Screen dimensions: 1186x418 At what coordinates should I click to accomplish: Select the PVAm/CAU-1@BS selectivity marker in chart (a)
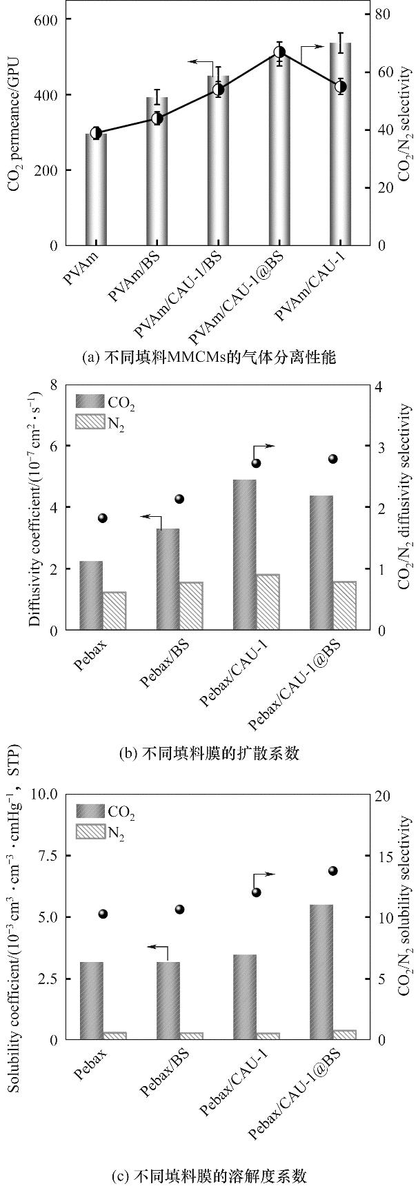(279, 52)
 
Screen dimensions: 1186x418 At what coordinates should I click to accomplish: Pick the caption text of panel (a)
(208, 358)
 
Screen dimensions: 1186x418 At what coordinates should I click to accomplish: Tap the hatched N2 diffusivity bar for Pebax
(115, 611)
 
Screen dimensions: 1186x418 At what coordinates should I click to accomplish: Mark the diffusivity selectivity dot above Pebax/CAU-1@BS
(332, 459)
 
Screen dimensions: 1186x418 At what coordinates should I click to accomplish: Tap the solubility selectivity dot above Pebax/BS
(180, 910)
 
